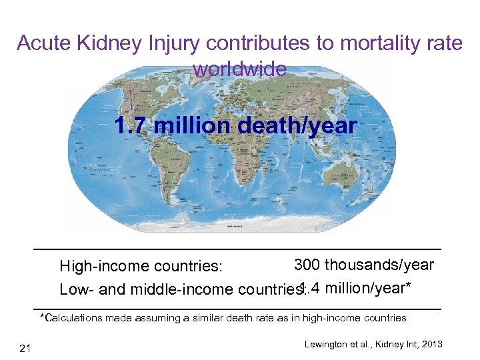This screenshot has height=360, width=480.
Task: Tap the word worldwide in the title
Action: [239, 69]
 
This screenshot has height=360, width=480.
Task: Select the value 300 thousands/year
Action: [364, 265]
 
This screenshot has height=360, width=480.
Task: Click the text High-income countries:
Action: [141, 267]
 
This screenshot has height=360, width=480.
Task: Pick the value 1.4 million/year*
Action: [355, 288]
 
